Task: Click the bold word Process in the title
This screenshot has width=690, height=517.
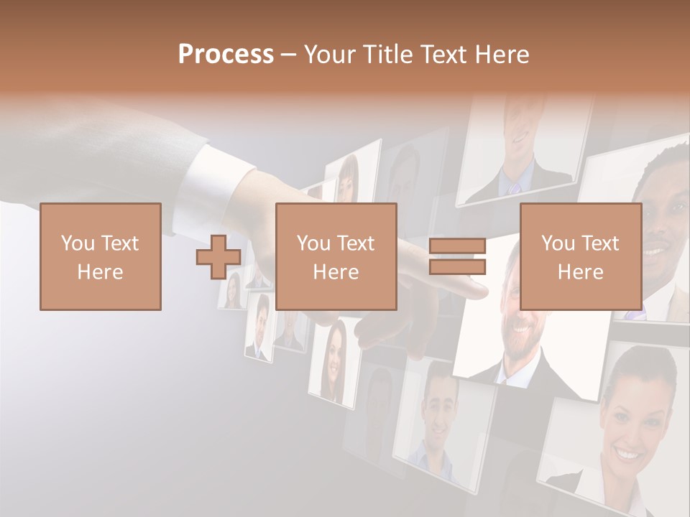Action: pos(226,54)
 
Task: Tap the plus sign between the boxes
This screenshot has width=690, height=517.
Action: pos(218,256)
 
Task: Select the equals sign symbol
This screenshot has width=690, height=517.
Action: pos(457,256)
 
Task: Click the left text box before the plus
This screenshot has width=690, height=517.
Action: pos(100,256)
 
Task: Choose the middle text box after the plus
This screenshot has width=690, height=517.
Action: pos(336,256)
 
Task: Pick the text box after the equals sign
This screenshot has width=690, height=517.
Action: pos(580,256)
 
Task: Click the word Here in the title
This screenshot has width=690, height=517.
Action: pos(503,54)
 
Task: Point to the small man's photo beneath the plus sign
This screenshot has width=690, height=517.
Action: pos(259,327)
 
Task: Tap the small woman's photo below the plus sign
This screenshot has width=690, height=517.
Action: pos(232,291)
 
